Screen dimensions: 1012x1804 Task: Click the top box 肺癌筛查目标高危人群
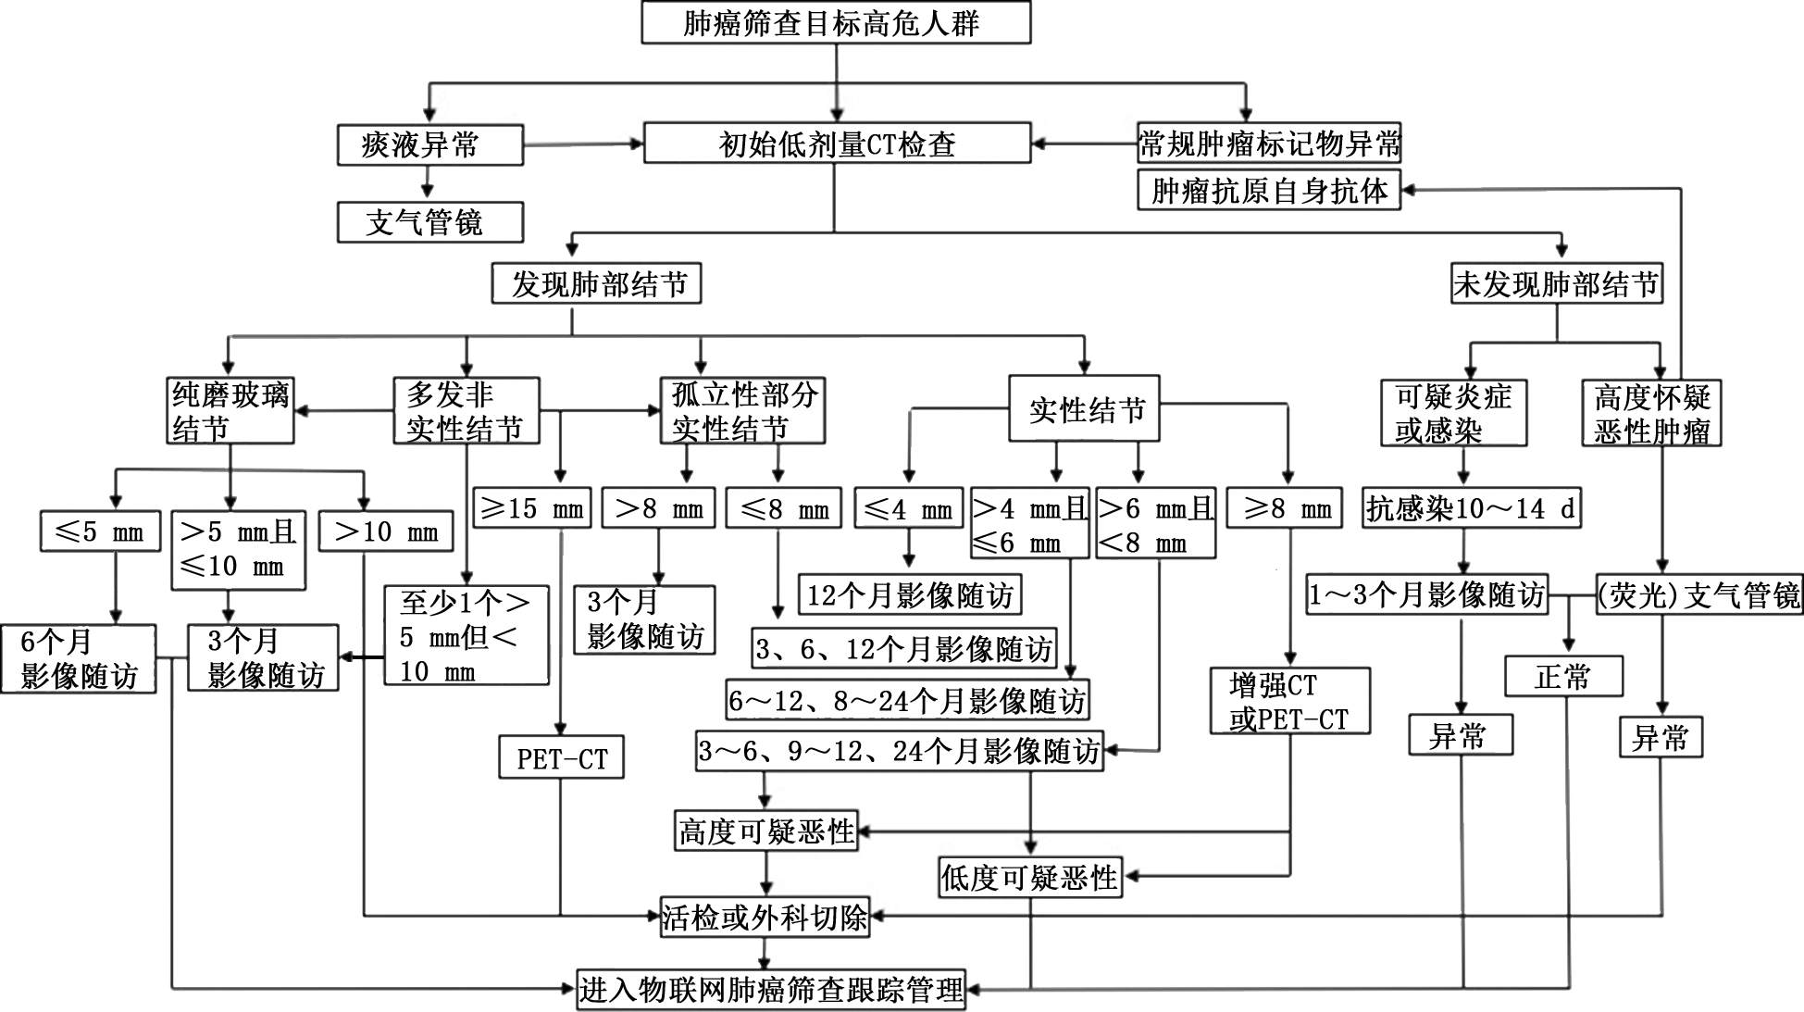pyautogui.click(x=836, y=23)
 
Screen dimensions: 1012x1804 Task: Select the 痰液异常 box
pyautogui.click(x=429, y=145)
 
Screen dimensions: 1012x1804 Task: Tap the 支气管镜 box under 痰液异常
pyautogui.click(x=429, y=222)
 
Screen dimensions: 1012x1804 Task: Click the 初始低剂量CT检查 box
pyautogui.click(x=837, y=144)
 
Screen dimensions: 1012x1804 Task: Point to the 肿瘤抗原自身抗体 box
pyautogui.click(x=1269, y=190)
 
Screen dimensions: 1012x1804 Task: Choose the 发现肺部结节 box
pyautogui.click(x=596, y=283)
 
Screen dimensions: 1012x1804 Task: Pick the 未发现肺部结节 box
pyautogui.click(x=1556, y=283)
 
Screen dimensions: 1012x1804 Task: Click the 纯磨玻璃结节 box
pyautogui.click(x=230, y=411)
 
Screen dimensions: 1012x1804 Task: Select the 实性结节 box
pyautogui.click(x=1084, y=408)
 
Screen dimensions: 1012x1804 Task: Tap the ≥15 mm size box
pyautogui.click(x=532, y=508)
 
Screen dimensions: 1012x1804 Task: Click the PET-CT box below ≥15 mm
pyautogui.click(x=562, y=758)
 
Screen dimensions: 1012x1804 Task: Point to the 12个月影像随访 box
pyautogui.click(x=910, y=594)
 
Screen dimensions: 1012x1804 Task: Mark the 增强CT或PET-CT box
pyautogui.click(x=1289, y=701)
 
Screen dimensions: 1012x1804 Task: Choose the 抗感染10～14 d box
pyautogui.click(x=1470, y=508)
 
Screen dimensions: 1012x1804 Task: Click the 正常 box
pyautogui.click(x=1563, y=676)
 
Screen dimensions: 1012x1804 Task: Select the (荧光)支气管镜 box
pyautogui.click(x=1699, y=594)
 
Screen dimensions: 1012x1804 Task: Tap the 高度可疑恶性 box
pyautogui.click(x=766, y=831)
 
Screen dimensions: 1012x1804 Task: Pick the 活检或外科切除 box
pyautogui.click(x=765, y=917)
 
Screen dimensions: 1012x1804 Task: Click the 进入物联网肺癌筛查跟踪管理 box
pyautogui.click(x=771, y=990)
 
